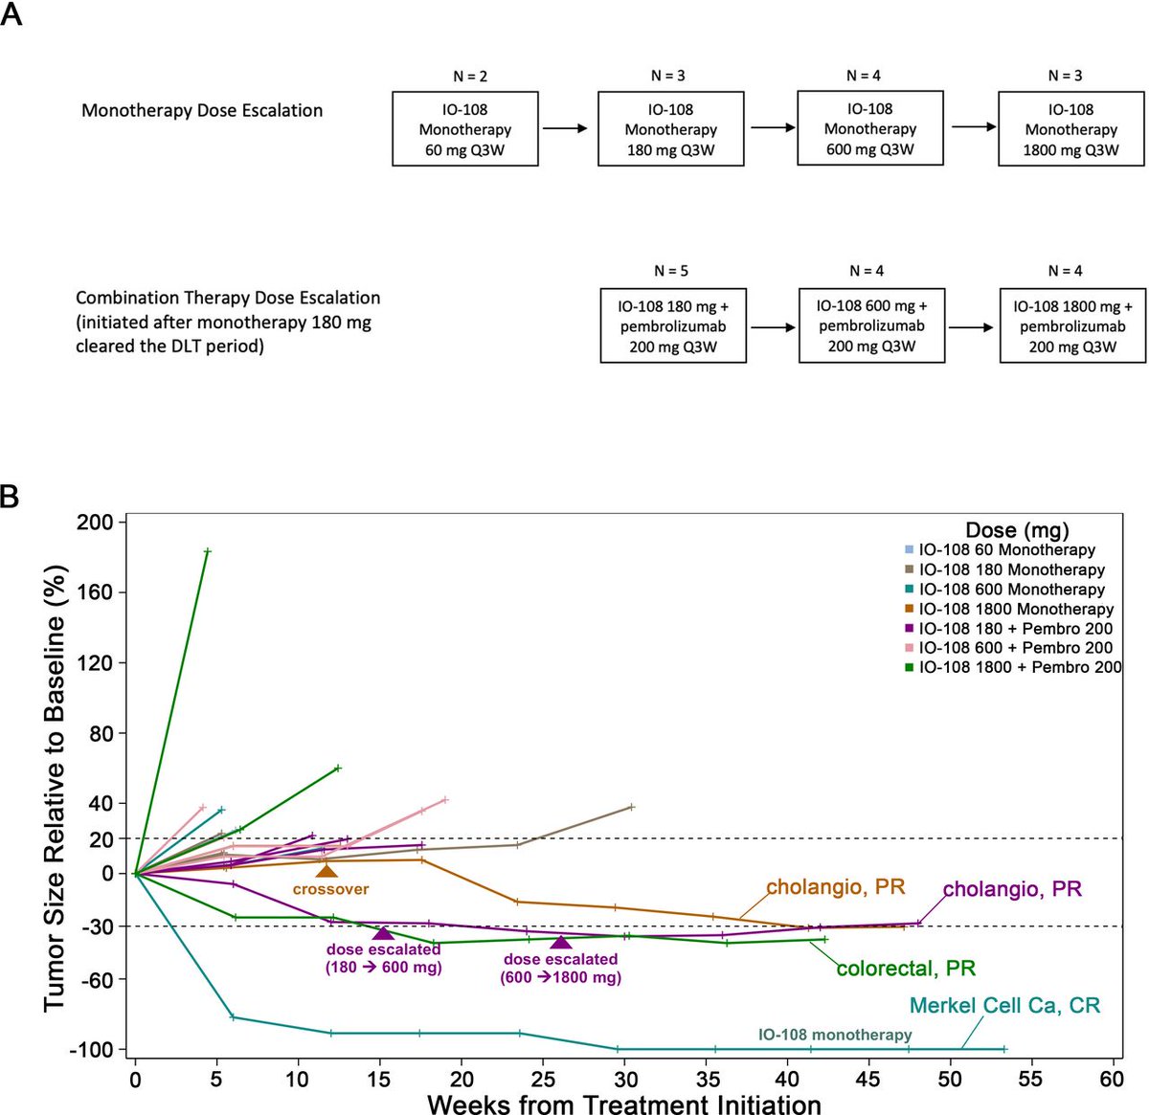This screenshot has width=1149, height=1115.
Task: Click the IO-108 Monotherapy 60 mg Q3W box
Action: [465, 129]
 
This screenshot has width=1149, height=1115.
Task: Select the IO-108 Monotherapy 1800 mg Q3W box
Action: [1070, 129]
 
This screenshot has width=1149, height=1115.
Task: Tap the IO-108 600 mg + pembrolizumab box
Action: [871, 325]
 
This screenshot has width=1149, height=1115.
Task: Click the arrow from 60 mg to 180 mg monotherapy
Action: [564, 127]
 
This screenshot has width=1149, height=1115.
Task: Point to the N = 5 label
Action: [670, 271]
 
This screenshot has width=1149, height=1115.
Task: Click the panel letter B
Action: [11, 498]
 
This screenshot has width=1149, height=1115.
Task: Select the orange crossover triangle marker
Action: [327, 871]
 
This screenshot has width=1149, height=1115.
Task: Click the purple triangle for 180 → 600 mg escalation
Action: [383, 934]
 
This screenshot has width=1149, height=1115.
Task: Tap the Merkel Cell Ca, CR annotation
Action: [1004, 1006]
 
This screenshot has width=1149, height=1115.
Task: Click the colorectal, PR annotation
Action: [906, 968]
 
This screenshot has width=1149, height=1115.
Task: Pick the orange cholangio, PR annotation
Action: [835, 887]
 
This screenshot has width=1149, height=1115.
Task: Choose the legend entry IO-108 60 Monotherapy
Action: [1006, 550]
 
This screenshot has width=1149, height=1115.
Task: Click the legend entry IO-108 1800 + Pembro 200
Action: [1020, 667]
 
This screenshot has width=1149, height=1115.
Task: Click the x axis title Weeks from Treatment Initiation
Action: [623, 1104]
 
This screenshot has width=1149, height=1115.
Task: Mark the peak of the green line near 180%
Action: [207, 551]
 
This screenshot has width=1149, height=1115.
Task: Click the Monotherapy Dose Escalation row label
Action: [202, 110]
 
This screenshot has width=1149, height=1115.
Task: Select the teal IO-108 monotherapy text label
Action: [835, 1035]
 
